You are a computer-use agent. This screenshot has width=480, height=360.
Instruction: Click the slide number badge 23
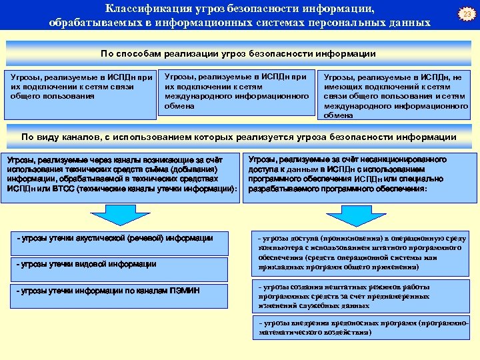tap(468, 14)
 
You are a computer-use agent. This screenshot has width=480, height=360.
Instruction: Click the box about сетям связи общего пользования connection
tap(80, 86)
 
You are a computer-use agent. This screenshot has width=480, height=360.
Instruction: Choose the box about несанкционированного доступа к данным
tap(361, 174)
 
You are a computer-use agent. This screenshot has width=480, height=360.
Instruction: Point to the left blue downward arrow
tap(111, 215)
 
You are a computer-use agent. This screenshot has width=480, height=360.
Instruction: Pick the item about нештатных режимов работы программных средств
tap(361, 296)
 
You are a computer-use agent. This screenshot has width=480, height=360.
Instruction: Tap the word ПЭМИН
tap(183, 289)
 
